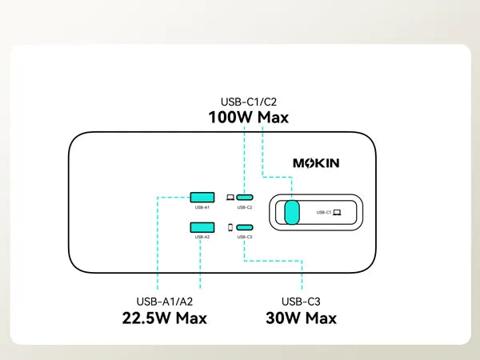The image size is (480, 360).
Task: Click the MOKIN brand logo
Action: click(x=316, y=163)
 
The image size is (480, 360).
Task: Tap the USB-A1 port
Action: click(x=202, y=196)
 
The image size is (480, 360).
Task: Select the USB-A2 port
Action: click(x=202, y=227)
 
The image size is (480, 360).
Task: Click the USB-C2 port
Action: click(x=245, y=196)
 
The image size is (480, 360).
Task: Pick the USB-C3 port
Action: click(x=245, y=227)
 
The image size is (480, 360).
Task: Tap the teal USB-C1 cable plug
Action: click(x=292, y=212)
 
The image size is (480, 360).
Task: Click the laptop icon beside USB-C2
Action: click(x=230, y=196)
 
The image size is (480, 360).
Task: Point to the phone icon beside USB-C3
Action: click(x=230, y=227)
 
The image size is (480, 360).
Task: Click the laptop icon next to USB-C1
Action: click(x=337, y=212)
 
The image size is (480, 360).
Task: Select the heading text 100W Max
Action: click(x=248, y=118)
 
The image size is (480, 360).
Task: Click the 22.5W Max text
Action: click(x=165, y=318)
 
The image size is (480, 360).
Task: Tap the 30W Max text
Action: click(x=301, y=318)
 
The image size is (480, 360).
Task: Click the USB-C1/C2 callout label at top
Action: click(x=248, y=102)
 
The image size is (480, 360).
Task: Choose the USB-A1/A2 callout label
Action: click(x=165, y=302)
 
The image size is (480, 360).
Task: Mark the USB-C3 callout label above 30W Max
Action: click(x=301, y=302)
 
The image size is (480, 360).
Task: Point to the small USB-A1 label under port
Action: click(x=202, y=206)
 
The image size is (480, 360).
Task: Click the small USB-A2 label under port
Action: click(x=202, y=238)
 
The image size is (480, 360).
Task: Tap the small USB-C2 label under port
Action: click(x=245, y=206)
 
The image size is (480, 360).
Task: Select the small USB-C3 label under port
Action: click(x=245, y=238)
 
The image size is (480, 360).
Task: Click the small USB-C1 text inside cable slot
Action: click(x=323, y=212)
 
